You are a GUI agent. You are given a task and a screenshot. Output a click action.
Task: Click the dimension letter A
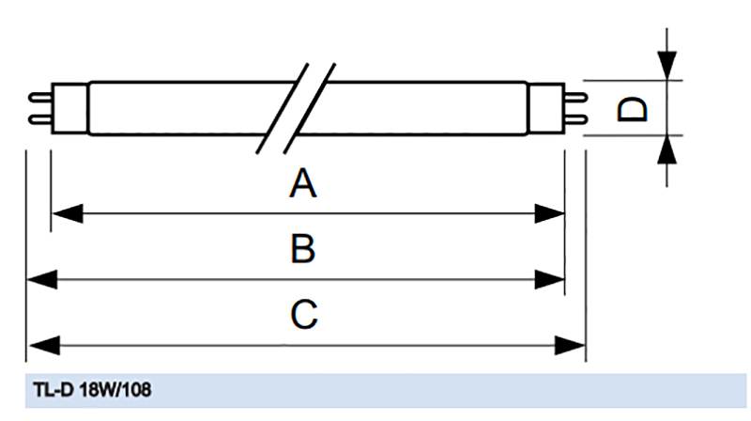click(302, 182)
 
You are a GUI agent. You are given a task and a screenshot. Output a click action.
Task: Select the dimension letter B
click(302, 248)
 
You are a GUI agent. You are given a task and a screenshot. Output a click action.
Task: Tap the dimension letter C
click(303, 314)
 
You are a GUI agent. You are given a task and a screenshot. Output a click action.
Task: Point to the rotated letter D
click(632, 109)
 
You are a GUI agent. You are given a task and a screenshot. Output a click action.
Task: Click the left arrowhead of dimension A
click(67, 213)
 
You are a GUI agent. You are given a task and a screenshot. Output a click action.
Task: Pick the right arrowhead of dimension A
click(549, 213)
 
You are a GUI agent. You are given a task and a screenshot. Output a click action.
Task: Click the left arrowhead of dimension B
click(42, 279)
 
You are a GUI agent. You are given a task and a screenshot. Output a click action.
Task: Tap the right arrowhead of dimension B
click(549, 279)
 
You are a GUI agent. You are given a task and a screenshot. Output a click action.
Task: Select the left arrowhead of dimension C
click(44, 345)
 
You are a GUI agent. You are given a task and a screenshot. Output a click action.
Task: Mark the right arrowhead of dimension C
click(570, 345)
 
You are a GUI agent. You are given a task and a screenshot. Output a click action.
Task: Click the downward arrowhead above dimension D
click(667, 65)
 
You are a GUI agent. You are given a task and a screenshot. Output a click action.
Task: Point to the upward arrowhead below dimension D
click(667, 149)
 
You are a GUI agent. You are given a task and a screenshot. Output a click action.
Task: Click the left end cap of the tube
click(69, 108)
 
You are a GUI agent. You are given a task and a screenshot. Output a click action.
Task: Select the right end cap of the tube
click(545, 108)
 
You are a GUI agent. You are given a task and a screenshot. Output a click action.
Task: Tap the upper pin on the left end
click(40, 98)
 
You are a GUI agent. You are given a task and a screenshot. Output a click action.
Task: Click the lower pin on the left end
click(40, 119)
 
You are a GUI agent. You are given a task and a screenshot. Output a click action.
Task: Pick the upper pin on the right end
click(575, 98)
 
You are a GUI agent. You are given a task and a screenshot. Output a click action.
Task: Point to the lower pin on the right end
click(575, 119)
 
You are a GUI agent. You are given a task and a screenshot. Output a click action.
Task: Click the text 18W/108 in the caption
click(115, 390)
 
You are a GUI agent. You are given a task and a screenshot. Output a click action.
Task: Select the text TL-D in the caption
click(53, 390)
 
